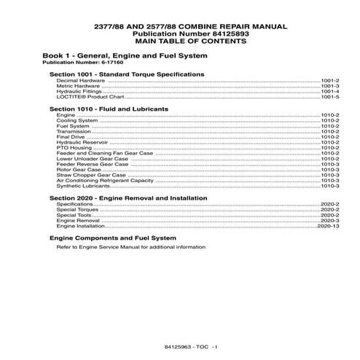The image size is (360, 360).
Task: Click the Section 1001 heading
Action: pos(126,74)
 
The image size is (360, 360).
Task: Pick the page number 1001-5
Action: pos(330,97)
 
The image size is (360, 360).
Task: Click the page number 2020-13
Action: pos(329,227)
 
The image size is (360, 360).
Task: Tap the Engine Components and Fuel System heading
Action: pos(112,238)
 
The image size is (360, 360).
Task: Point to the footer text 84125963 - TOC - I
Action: pos(180,342)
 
